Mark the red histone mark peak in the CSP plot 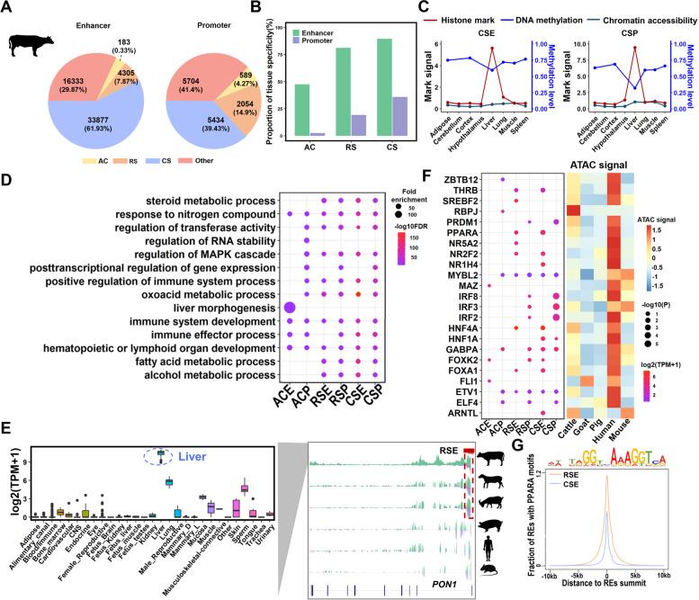click(634, 49)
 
